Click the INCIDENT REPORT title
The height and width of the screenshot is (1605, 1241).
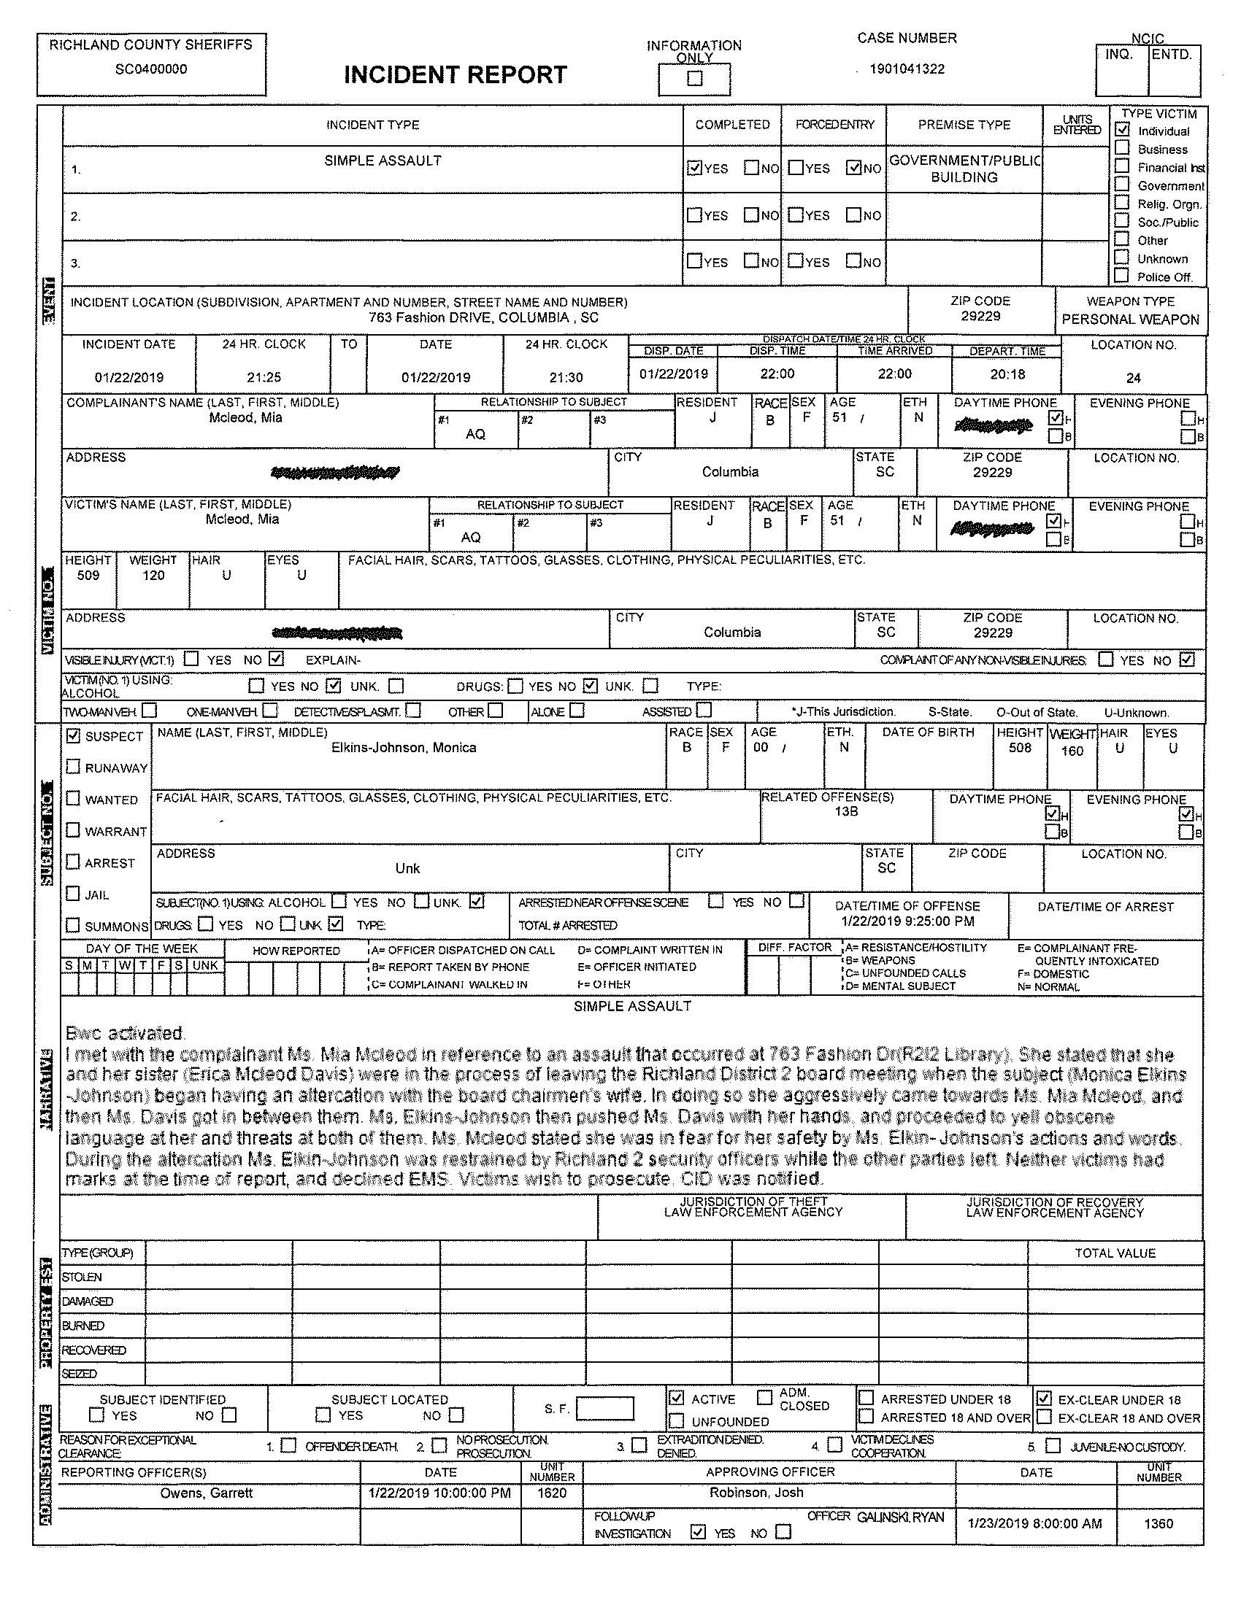point(455,75)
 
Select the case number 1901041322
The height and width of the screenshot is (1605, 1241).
point(907,69)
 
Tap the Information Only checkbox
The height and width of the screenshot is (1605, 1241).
point(694,79)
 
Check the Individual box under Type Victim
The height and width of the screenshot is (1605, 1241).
point(1123,129)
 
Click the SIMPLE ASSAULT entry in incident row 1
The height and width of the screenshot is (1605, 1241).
point(383,160)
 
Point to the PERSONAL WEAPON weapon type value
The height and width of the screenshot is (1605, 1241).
point(1130,320)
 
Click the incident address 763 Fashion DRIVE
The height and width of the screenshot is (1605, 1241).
point(483,317)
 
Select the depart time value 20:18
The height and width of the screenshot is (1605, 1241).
point(1007,374)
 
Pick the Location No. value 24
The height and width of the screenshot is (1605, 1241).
point(1133,378)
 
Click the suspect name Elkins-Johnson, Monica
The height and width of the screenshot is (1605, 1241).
point(404,747)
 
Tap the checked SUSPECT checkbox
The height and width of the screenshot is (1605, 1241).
point(73,735)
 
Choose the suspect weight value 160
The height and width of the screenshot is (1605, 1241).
point(1072,751)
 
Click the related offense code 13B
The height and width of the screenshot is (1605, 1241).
point(846,811)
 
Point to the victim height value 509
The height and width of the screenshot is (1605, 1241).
point(88,576)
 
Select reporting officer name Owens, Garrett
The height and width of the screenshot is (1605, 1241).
point(207,1493)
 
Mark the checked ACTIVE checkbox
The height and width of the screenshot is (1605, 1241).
point(677,1398)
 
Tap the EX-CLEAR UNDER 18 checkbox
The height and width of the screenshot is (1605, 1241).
point(1044,1398)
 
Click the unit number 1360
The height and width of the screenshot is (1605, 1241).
point(1158,1523)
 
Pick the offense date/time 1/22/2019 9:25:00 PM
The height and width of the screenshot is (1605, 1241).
point(907,921)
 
